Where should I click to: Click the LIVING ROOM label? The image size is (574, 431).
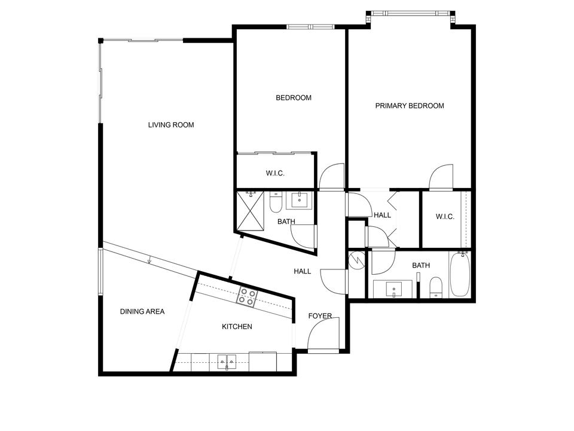(x=171, y=125)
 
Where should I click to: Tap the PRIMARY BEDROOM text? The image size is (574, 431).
(x=410, y=106)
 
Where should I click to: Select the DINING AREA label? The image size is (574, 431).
(x=142, y=311)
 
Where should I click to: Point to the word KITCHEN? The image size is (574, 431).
(x=237, y=327)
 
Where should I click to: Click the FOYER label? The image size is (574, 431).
(x=320, y=316)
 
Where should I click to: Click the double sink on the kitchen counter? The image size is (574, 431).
(x=227, y=362)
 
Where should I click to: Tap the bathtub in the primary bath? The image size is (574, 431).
(x=460, y=275)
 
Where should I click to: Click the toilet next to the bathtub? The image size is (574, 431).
(x=436, y=287)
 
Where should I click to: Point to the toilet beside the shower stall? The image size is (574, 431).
(x=276, y=202)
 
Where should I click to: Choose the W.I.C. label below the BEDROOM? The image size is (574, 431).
(x=275, y=174)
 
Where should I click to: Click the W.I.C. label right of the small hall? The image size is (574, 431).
(x=445, y=217)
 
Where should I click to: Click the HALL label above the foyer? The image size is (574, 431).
(x=302, y=271)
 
